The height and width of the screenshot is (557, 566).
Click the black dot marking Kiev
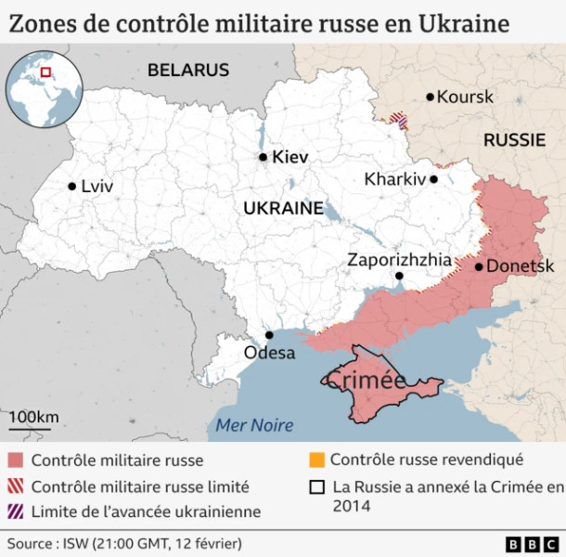[x=264, y=158]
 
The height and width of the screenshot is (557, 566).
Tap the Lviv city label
[x=96, y=187]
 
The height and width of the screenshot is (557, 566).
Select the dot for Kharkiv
[x=433, y=179]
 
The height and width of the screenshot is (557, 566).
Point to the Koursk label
[x=465, y=97]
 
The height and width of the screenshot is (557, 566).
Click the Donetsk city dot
[x=479, y=266]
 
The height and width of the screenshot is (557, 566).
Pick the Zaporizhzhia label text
[x=399, y=260]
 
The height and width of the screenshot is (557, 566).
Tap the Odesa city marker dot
[x=269, y=335]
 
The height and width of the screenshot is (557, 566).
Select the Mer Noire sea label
[x=253, y=425]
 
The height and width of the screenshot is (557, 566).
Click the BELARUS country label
[x=187, y=70]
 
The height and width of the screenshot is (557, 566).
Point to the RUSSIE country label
[x=514, y=140]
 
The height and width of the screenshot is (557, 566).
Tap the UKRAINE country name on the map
[x=283, y=209]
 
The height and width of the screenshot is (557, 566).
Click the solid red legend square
[x=15, y=460]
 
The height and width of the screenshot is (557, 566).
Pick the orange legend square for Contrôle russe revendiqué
[x=316, y=460]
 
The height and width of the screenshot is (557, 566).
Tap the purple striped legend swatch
[x=15, y=512]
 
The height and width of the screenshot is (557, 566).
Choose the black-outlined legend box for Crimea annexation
[x=316, y=486]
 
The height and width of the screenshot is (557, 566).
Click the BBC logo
[x=530, y=543]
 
